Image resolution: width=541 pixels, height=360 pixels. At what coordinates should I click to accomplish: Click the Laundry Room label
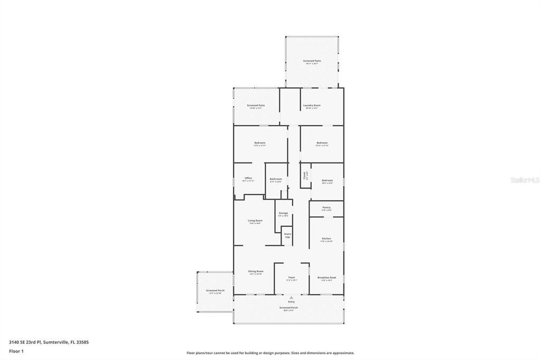click(x=312, y=106)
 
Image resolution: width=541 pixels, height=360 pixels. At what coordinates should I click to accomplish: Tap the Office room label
click(x=248, y=178)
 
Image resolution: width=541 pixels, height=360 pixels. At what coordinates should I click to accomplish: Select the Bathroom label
click(x=276, y=179)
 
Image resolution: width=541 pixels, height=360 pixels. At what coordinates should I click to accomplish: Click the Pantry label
click(x=327, y=207)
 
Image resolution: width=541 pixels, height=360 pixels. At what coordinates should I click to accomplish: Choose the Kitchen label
click(x=327, y=239)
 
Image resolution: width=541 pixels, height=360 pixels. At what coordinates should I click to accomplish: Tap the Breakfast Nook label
click(x=327, y=278)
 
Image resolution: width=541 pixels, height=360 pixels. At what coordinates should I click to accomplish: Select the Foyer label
click(x=291, y=277)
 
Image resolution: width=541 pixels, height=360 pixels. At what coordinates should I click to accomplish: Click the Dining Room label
click(x=256, y=271)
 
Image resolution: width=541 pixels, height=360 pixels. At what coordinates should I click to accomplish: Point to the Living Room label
click(x=255, y=221)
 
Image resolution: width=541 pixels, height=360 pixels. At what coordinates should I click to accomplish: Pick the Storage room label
click(x=283, y=213)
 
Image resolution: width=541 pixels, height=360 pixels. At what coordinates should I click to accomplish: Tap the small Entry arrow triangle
click(x=291, y=298)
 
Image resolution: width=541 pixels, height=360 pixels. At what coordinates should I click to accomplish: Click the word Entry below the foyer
click(x=291, y=302)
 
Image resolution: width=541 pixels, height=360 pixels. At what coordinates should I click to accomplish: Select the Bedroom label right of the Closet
click(x=327, y=181)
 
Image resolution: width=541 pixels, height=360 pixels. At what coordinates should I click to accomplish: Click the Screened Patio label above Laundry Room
click(x=312, y=61)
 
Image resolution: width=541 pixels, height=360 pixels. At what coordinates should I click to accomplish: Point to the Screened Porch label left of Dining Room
click(x=215, y=290)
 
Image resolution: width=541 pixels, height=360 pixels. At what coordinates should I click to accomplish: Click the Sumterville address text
click(x=49, y=342)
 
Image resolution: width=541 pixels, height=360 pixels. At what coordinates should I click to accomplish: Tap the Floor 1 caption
click(x=16, y=351)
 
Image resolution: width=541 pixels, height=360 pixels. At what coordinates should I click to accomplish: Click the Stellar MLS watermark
click(x=525, y=180)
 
